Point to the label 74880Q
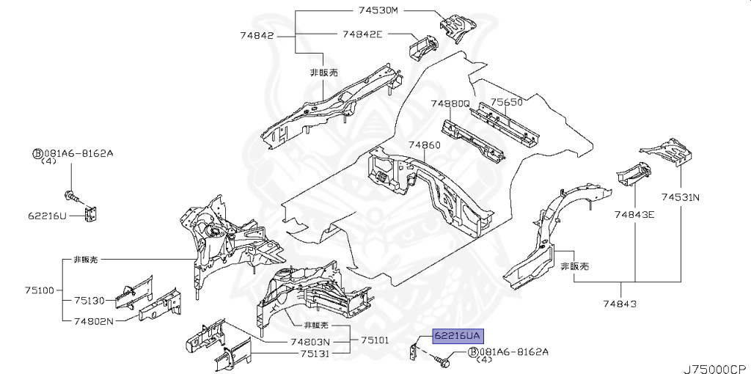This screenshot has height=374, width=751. tap(450, 103)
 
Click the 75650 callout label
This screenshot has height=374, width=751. tap(506, 103)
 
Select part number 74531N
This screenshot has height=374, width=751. tap(681, 197)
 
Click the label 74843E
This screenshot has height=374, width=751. tap(634, 214)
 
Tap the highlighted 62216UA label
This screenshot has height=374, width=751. tap(457, 337)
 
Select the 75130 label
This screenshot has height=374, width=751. tap(89, 301)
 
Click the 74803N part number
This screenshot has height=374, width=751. tap(309, 342)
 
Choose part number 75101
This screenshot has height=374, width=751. tap(374, 341)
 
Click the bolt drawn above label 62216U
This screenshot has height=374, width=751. tap(70, 195)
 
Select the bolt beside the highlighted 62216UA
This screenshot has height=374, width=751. tap(441, 360)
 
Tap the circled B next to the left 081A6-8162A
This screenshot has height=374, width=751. tap(36, 153)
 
